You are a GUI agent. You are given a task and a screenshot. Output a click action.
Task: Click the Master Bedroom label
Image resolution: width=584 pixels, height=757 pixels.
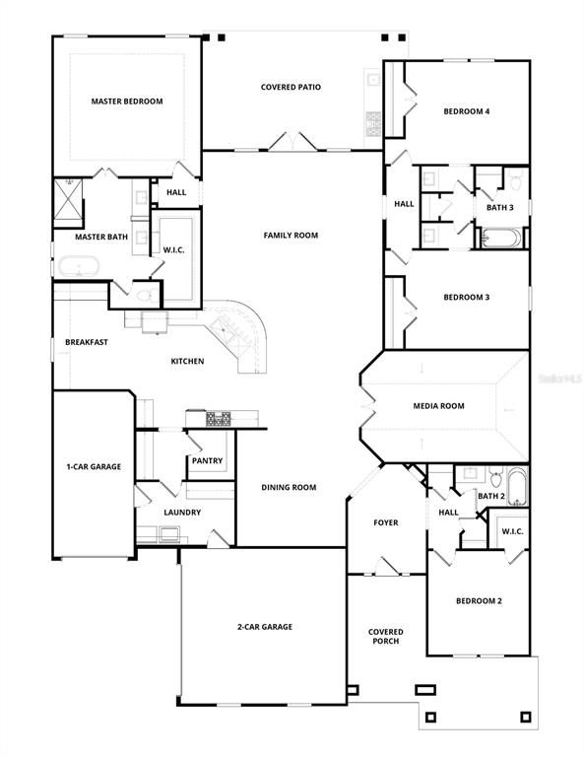click(x=126, y=102)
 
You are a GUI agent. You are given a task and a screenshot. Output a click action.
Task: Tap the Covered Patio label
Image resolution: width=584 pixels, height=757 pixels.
click(x=291, y=87)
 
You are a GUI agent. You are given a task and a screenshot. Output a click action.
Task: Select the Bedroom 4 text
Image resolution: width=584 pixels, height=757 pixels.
click(x=466, y=111)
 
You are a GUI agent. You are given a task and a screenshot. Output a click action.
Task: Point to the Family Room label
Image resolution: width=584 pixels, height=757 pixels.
click(x=291, y=236)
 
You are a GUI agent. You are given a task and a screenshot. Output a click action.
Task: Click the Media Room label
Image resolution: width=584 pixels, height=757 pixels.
click(x=438, y=406)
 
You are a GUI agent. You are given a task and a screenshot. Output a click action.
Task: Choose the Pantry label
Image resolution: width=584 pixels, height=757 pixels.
click(x=207, y=461)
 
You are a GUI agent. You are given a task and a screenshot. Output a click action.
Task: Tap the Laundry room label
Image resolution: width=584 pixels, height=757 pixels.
click(x=182, y=513)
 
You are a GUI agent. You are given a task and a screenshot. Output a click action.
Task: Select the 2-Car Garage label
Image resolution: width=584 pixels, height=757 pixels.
click(x=264, y=627)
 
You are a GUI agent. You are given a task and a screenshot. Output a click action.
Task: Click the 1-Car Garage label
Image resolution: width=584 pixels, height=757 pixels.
click(x=94, y=466)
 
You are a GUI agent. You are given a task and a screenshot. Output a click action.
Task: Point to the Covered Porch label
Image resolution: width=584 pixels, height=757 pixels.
click(x=385, y=638)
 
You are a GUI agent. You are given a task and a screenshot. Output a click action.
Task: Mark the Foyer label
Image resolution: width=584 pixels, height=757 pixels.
click(x=385, y=522)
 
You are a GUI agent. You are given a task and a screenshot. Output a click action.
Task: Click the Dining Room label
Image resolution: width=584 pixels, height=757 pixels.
click(x=289, y=487)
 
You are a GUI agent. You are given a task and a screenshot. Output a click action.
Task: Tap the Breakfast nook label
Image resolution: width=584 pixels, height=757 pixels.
click(x=87, y=342)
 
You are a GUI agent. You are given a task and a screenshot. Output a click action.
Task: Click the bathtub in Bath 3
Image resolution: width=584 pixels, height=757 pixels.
click(x=501, y=239)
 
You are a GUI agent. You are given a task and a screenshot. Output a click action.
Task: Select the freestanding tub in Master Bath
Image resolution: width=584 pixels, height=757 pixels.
click(x=78, y=266)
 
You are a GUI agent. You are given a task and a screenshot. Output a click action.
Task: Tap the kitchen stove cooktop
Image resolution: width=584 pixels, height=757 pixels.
click(x=219, y=419)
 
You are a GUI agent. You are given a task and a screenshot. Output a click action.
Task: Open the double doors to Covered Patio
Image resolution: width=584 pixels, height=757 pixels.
click(x=292, y=143)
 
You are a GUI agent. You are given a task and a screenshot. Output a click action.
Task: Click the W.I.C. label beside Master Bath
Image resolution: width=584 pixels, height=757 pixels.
click(x=173, y=250)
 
